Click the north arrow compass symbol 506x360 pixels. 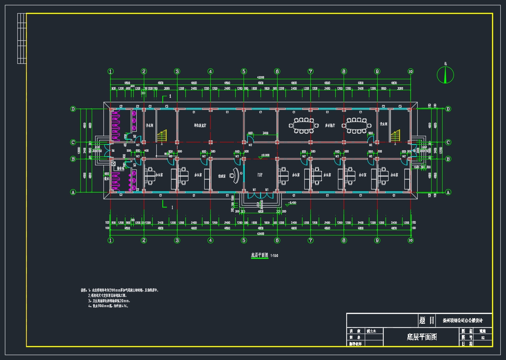(x=446, y=75)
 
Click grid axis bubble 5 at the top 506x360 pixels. (x=244, y=71)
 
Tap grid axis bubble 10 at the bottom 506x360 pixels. (x=410, y=240)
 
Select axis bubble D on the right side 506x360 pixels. (x=448, y=109)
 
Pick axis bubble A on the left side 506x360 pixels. (x=73, y=192)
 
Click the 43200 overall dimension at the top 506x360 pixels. (x=261, y=77)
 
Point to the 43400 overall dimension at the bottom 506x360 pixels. (x=261, y=234)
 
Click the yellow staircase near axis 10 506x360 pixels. (x=395, y=136)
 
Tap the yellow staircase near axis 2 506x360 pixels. (x=162, y=136)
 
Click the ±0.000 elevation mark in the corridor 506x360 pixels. (x=265, y=155)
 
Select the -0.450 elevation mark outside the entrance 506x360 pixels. (x=292, y=203)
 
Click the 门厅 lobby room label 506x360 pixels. (x=261, y=175)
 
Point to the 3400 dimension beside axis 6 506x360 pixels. (x=265, y=133)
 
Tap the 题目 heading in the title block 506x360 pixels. (x=427, y=320)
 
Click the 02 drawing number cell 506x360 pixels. (x=483, y=338)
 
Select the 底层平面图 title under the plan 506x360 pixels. (x=260, y=255)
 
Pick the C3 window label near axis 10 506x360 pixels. (x=400, y=106)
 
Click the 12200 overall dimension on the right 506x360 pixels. (x=440, y=150)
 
